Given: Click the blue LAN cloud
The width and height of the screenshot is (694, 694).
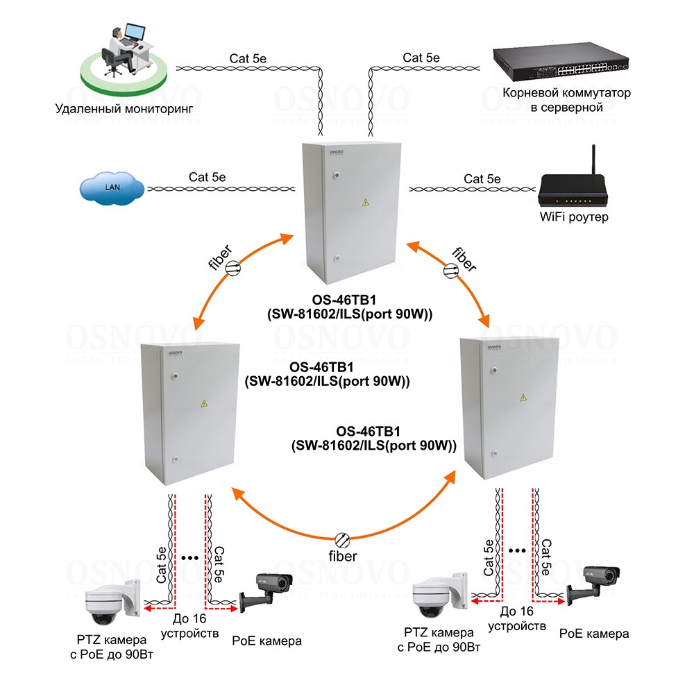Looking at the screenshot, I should click(112, 187).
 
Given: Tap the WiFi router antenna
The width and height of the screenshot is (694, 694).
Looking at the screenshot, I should click(593, 162).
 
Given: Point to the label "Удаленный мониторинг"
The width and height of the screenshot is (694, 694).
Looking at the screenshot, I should click(124, 109).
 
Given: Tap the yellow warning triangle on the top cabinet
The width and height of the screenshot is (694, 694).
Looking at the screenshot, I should click(366, 202).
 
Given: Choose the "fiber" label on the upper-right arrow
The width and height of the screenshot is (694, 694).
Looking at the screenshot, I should click(464, 258).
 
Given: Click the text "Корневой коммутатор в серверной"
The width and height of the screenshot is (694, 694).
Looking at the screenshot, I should click(566, 100).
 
